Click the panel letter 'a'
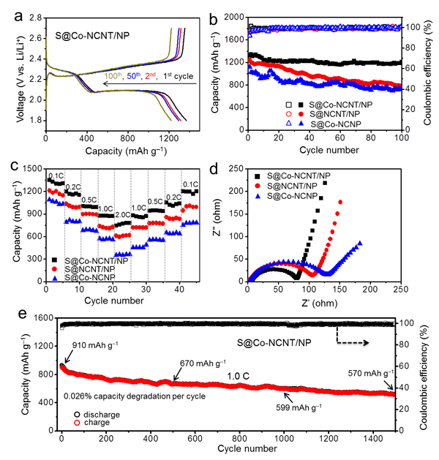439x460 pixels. coord(18,17)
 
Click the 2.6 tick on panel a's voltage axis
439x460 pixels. coord(36,38)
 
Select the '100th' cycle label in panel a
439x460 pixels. coord(113,75)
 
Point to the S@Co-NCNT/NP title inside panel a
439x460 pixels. coord(92,36)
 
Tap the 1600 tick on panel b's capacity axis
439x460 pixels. coord(234,39)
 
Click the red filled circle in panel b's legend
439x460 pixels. coord(301,114)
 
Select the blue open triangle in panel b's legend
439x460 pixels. coord(289,124)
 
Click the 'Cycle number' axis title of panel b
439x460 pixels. coord(329,150)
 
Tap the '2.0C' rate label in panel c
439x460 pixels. coord(123,215)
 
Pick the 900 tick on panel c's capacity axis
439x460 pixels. coord(37,214)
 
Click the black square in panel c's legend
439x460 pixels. coord(55,260)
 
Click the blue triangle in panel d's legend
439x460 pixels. coord(258,196)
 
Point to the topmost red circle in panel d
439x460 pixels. coord(340,202)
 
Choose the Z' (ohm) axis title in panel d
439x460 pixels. coord(320,303)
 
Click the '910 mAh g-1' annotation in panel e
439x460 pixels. coord(95,345)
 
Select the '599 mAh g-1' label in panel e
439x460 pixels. coord(299,407)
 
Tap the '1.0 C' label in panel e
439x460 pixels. coord(238,376)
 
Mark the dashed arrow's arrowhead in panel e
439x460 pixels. coord(366,343)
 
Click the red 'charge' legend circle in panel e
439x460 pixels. coord(77,423)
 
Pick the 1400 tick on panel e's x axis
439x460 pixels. coord(373,439)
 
